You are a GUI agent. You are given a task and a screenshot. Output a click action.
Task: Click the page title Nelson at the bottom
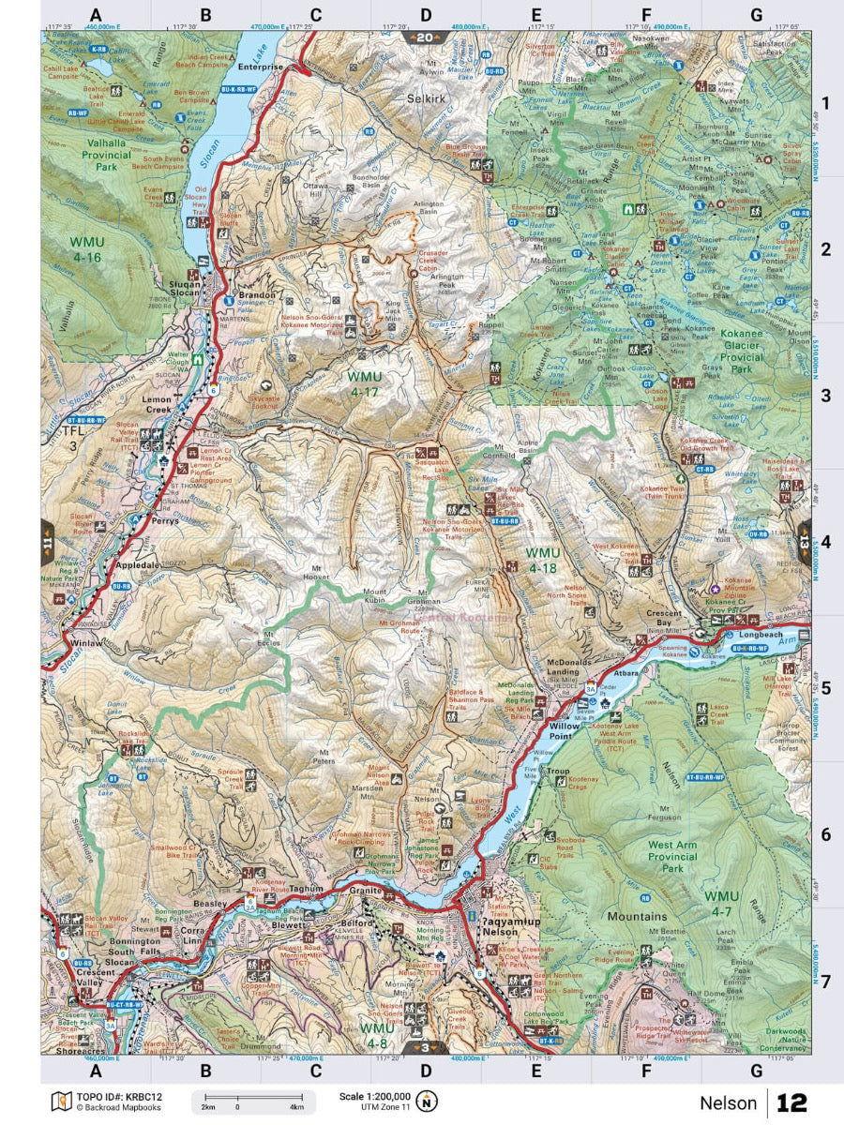point(728,1102)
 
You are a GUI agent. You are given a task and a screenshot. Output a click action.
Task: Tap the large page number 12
point(791,1102)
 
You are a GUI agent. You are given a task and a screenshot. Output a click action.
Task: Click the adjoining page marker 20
point(424,37)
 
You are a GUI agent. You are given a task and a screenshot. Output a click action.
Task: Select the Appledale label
point(139,566)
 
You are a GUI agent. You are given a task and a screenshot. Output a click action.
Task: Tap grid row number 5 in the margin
point(825,688)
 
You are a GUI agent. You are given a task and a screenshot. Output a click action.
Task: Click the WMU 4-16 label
point(87,248)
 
